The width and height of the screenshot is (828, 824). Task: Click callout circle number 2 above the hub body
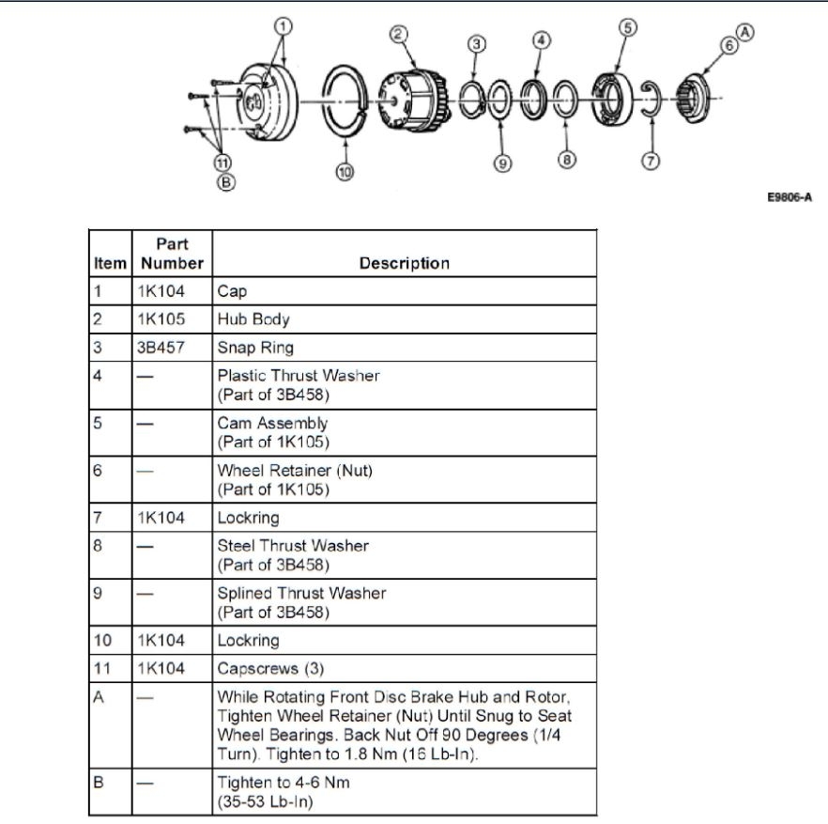(398, 34)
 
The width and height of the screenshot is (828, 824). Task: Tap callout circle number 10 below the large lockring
(345, 173)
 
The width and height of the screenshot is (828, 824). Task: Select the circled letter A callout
(745, 31)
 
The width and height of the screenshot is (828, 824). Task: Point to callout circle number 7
(649, 160)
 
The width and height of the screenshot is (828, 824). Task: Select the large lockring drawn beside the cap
(348, 99)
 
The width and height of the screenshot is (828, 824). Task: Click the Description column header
(404, 263)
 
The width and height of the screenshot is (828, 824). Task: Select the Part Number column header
(172, 254)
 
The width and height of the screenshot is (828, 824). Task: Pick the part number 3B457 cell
(161, 348)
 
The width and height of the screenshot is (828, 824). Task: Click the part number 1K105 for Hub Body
(161, 319)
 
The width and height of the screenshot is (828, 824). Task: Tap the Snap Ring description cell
(255, 348)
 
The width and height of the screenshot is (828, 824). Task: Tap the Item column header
(110, 263)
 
